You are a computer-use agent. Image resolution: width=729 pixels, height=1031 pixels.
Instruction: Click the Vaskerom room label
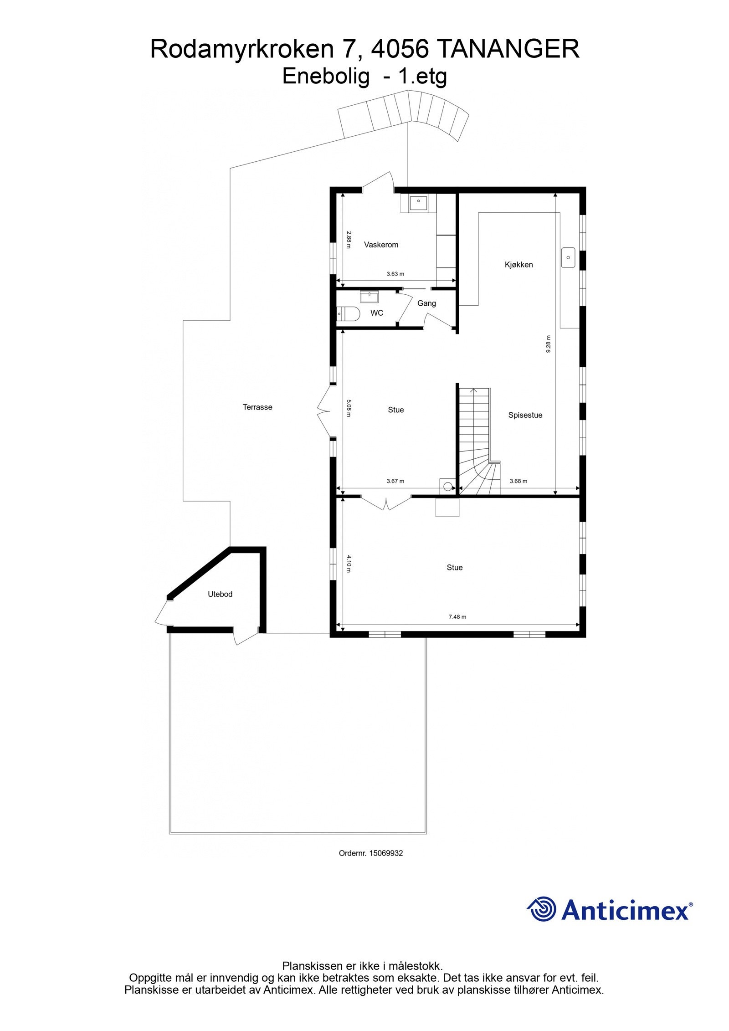(381, 245)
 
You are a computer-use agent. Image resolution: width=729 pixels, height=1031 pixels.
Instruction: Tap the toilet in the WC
(349, 313)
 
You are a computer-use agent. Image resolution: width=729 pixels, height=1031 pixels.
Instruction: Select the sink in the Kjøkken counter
(568, 257)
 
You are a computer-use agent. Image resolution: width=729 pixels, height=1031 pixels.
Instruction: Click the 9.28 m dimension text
(549, 344)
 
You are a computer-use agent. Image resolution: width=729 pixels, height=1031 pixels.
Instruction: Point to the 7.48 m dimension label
(457, 617)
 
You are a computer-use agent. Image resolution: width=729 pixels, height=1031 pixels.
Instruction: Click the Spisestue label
(525, 415)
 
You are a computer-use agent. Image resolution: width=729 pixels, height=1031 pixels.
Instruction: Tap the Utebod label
(220, 594)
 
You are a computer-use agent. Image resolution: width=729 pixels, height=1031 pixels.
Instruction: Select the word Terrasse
(257, 407)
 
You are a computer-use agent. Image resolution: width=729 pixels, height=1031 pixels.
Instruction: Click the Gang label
(426, 303)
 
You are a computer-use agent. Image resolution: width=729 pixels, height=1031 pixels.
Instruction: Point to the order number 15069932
(386, 853)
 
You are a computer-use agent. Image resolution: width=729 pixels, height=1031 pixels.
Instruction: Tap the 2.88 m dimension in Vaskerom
(349, 240)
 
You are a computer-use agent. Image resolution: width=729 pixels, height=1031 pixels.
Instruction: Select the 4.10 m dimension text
(349, 564)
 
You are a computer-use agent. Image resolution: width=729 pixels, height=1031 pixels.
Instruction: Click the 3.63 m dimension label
(395, 274)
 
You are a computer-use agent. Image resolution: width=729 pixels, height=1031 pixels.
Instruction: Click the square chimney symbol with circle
(447, 486)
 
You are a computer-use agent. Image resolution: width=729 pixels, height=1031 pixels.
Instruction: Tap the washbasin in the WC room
(369, 297)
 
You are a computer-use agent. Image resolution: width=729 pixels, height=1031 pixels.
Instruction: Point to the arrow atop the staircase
(473, 390)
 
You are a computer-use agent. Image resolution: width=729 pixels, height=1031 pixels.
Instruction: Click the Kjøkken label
(519, 265)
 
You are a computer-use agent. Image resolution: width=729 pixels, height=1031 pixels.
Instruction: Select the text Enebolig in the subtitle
(326, 77)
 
